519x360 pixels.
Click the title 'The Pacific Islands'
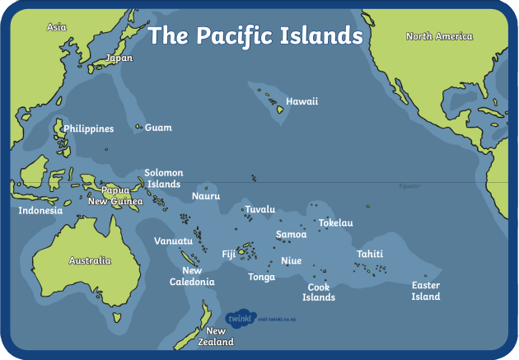coord(255,35)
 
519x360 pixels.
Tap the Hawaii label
coord(302,101)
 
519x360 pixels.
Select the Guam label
coord(158,128)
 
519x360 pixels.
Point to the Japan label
coord(119,58)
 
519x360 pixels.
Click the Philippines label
coord(89,129)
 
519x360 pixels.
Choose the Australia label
coord(89,260)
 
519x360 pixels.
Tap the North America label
coord(439,36)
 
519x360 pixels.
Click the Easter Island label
coord(426,291)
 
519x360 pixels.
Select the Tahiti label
coord(370,254)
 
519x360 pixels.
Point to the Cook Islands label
coord(319,292)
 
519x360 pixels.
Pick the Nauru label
coord(205,196)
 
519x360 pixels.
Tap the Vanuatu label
coord(173,241)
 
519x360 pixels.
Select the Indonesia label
coord(40,210)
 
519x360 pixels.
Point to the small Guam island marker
coord(138,127)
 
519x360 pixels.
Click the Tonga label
coord(261,277)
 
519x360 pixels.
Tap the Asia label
coord(56,27)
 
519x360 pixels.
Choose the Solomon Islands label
coord(163,179)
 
